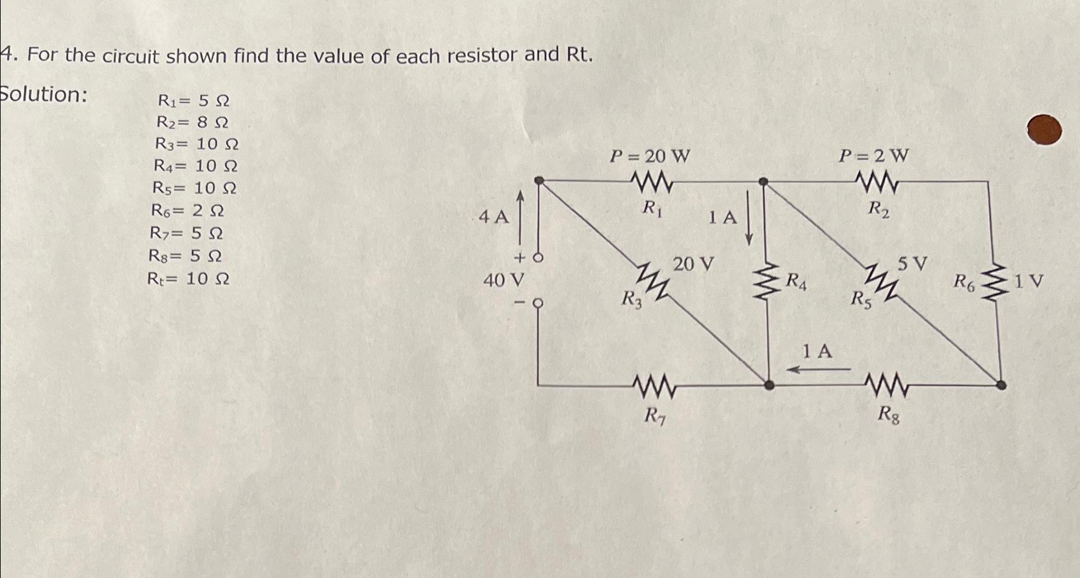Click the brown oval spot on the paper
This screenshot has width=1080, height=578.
pyautogui.click(x=1044, y=130)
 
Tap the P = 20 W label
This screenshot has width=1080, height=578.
pyautogui.click(x=650, y=156)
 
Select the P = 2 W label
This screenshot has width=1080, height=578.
pyautogui.click(x=874, y=156)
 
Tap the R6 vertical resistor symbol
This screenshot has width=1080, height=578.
pyautogui.click(x=995, y=282)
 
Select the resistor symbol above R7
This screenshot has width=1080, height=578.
pyautogui.click(x=653, y=385)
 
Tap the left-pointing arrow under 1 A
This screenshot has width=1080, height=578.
pyautogui.click(x=818, y=369)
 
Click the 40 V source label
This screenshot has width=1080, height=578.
pyautogui.click(x=503, y=279)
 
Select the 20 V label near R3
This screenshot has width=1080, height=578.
pyautogui.click(x=694, y=264)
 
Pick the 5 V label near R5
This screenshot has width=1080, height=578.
pyautogui.click(x=912, y=263)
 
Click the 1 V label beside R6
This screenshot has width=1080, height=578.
pyautogui.click(x=1029, y=281)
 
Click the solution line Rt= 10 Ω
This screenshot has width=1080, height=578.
pyautogui.click(x=188, y=279)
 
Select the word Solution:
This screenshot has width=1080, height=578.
pyautogui.click(x=43, y=95)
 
